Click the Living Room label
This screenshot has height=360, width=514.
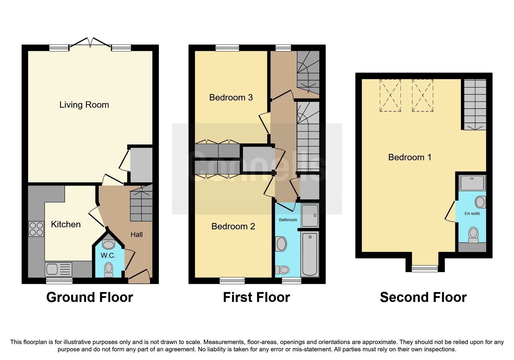coord(84,105)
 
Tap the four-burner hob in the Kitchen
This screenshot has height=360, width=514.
coord(36,229)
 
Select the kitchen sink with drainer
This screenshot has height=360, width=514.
coord(58,269)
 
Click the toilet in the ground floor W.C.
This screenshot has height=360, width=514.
coord(109,269)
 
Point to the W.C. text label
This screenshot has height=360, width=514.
coord(108,255)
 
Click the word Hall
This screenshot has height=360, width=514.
coord(136,235)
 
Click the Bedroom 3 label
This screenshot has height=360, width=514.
coord(231,98)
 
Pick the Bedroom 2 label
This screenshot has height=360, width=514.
coord(233,226)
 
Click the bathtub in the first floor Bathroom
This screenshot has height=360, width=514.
coord(310,253)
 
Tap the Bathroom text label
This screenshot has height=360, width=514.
coord(288,220)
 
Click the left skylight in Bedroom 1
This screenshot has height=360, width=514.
coord(390,95)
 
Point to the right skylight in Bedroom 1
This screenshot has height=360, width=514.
coord(422,95)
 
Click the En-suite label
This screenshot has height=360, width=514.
coord(472,213)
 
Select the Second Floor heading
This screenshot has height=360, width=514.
coord(423,297)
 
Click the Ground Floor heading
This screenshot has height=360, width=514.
coord(90,297)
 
